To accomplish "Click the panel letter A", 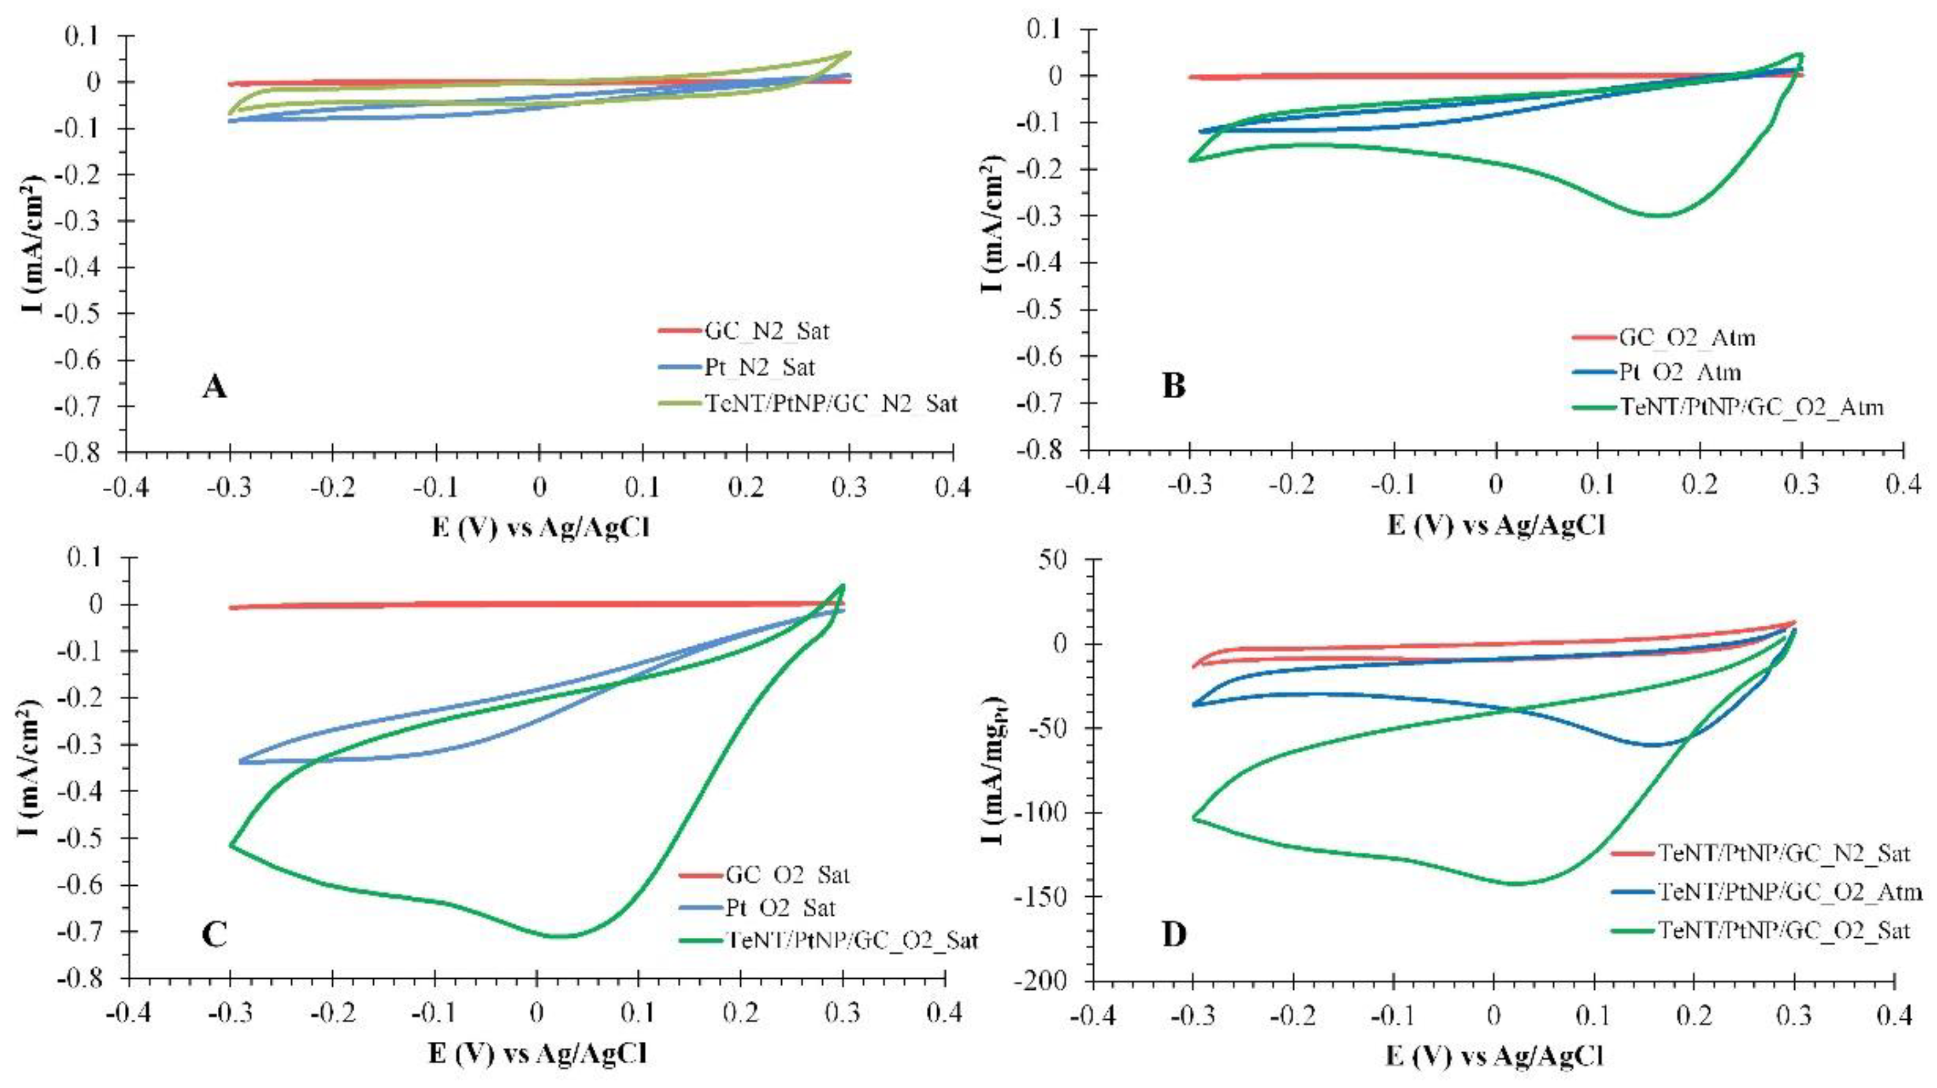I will point(214,387).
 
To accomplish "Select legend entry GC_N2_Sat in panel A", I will point(767,331).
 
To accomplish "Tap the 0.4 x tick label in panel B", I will point(1902,484).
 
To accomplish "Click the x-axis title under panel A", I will point(540,528).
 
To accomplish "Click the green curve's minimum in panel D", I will point(1517,883).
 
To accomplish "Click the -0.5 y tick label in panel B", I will point(1045,310).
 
